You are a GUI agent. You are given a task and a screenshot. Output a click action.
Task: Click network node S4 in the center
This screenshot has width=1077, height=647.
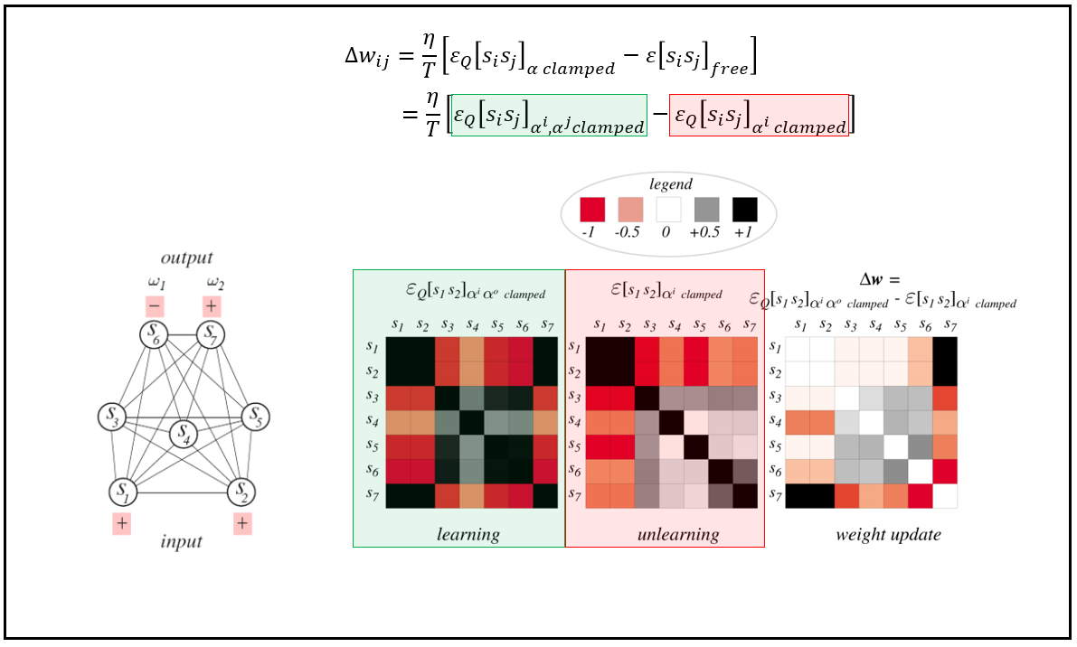[184, 436]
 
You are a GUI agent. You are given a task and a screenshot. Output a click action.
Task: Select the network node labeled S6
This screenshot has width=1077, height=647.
[154, 335]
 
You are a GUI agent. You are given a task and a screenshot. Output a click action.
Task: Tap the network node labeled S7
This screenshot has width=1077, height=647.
[212, 335]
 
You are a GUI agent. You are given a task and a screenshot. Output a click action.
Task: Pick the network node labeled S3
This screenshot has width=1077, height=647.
[112, 417]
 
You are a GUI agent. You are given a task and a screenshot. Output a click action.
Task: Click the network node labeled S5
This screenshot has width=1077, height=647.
[256, 417]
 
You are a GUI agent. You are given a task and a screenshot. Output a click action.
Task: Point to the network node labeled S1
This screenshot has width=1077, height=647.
[123, 492]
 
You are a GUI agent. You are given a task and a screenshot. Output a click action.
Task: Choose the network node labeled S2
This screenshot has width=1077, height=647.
[241, 492]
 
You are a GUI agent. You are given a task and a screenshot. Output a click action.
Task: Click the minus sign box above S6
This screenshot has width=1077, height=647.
[154, 305]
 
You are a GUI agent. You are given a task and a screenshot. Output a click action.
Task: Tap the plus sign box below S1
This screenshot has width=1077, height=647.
[122, 523]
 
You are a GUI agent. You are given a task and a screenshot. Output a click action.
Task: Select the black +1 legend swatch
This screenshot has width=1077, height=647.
[744, 210]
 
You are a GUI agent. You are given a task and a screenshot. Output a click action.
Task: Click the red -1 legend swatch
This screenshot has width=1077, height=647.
[592, 210]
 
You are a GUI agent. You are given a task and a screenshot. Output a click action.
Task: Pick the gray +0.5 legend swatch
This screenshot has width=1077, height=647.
[706, 210]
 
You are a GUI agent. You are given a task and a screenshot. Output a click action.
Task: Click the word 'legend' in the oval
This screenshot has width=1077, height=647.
[670, 184]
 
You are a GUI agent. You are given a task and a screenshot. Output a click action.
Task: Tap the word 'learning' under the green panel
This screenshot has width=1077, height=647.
[468, 534]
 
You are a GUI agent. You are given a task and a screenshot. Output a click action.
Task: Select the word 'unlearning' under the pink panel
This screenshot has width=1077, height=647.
[677, 534]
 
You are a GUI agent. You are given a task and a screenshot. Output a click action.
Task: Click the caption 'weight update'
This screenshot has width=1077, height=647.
[888, 534]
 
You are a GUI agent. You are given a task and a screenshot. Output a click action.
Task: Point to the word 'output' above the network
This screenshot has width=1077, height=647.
[187, 259]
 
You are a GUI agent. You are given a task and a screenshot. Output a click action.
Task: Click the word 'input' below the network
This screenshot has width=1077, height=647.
[181, 541]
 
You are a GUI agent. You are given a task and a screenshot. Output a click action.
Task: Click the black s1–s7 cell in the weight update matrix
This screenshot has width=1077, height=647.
[945, 348]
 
